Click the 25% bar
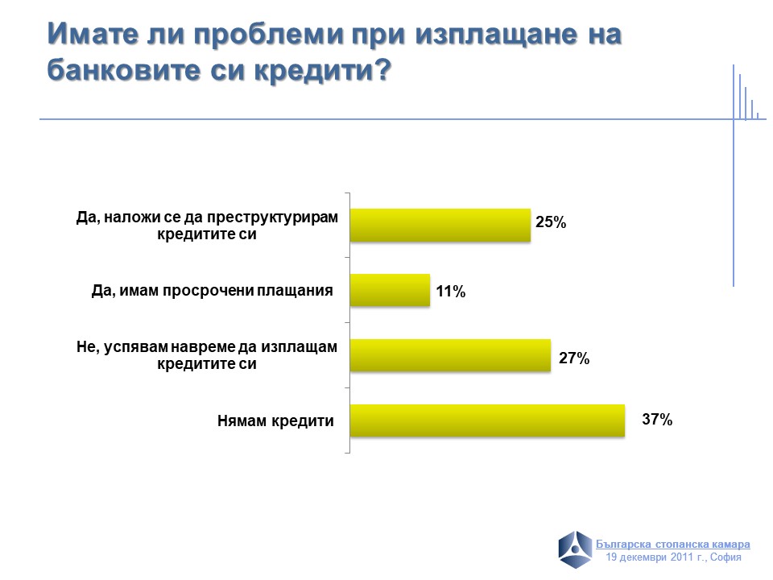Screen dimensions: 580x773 click(x=440, y=225)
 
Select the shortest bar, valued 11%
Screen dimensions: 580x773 click(x=390, y=290)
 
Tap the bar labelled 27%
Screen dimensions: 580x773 click(x=450, y=355)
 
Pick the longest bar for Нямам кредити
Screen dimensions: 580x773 click(x=487, y=420)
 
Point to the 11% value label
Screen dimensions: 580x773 click(x=451, y=292)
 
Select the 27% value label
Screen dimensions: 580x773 click(x=574, y=358)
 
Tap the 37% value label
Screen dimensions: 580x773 click(x=657, y=420)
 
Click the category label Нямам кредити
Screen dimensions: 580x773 click(x=275, y=420)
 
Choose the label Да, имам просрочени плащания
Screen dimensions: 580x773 click(x=213, y=291)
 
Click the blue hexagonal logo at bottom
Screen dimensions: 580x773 click(x=576, y=549)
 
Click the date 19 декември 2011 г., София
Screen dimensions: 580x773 click(x=673, y=557)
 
